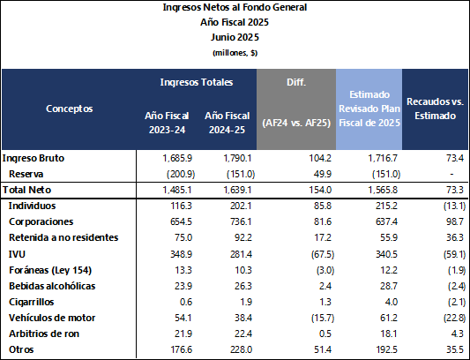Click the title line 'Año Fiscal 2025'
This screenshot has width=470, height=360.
[x=235, y=22]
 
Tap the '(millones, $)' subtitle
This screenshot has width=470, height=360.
[x=235, y=53]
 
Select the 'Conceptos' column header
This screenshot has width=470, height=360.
[x=70, y=109]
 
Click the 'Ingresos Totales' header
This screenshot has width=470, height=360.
[x=197, y=82]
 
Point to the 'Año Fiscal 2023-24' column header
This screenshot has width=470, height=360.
[x=167, y=123]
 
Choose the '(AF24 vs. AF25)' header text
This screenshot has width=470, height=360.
[x=296, y=123]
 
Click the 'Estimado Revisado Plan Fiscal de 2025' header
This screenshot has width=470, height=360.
[x=369, y=109]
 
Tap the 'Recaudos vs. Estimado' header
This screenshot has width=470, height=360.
[x=435, y=109]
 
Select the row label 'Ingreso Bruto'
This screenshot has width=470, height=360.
[x=34, y=158]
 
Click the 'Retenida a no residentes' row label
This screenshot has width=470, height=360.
[x=63, y=237]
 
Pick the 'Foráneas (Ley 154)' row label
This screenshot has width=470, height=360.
[x=50, y=270]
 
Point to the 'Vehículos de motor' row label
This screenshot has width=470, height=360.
[x=52, y=318]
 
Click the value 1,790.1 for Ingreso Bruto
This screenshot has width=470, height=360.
[x=237, y=158]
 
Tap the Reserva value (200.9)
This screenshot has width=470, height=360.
[x=181, y=174]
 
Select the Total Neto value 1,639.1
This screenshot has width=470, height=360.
[x=237, y=190]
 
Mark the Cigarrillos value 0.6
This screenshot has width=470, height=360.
[x=186, y=302]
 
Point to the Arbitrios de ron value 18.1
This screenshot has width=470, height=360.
[x=389, y=334]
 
